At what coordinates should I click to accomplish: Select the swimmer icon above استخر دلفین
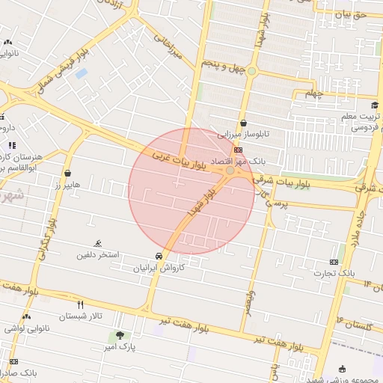98,244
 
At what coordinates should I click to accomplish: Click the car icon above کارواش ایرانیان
158,256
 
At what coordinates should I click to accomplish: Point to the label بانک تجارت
334,274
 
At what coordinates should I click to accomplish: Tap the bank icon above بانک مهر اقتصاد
238,150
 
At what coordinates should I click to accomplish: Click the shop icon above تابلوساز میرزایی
243,123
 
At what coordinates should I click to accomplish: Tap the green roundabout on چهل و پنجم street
252,73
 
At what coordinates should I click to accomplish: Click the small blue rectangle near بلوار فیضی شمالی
81,73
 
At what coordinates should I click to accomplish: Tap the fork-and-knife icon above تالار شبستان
80,304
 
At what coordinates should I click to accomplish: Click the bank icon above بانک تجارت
334,262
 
